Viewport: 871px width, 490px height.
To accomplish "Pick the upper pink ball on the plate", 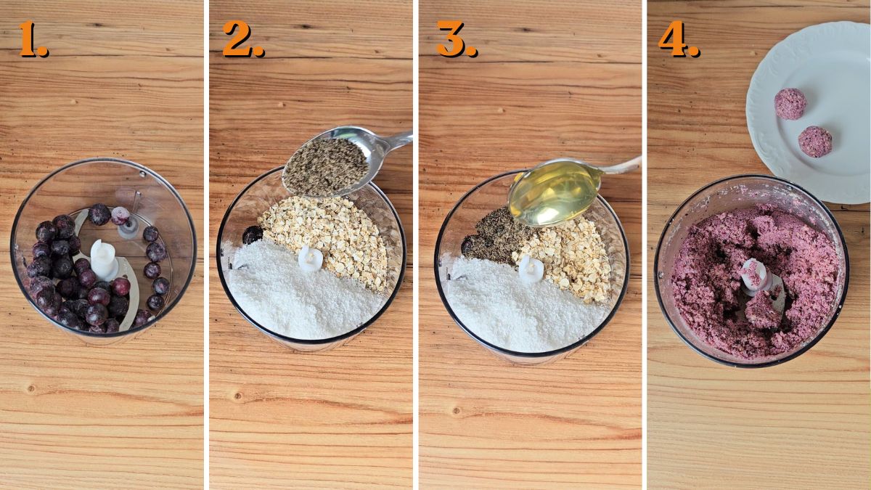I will pyautogui.click(x=790, y=104).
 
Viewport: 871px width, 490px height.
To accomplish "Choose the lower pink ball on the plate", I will pyautogui.click(x=815, y=142).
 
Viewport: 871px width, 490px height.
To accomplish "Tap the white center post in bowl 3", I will pyautogui.click(x=531, y=269).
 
